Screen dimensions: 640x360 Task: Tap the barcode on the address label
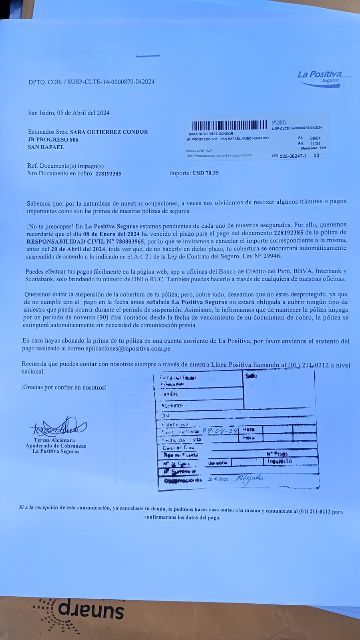click(x=229, y=125)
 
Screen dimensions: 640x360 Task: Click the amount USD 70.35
click(x=205, y=173)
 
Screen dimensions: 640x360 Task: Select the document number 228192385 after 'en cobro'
click(x=108, y=174)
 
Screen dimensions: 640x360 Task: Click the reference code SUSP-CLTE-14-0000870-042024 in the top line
click(x=111, y=82)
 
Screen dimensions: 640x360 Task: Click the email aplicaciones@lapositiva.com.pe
click(x=128, y=349)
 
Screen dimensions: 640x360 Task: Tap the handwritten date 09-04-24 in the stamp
click(x=220, y=431)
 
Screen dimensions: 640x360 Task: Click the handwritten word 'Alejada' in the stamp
click(x=250, y=477)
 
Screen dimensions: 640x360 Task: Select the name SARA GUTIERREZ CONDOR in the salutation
click(x=109, y=132)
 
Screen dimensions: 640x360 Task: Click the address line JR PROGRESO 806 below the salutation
click(x=53, y=140)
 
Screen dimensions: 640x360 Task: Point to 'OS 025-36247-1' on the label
click(x=289, y=156)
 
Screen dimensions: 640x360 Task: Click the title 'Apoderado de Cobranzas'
click(x=56, y=446)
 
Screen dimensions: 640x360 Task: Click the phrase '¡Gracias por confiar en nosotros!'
click(x=64, y=387)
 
